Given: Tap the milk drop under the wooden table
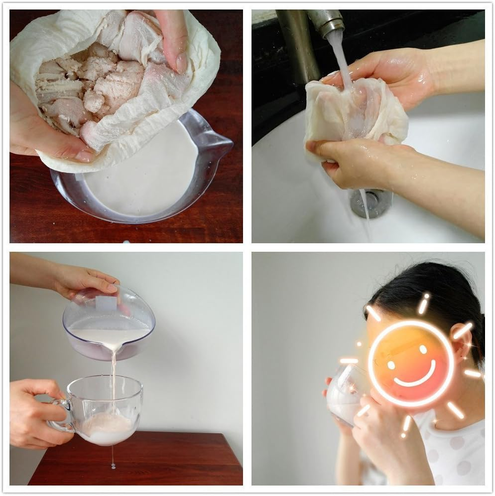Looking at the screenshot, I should pyautogui.click(x=113, y=466).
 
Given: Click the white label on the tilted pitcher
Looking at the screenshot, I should pyautogui.click(x=105, y=304).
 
